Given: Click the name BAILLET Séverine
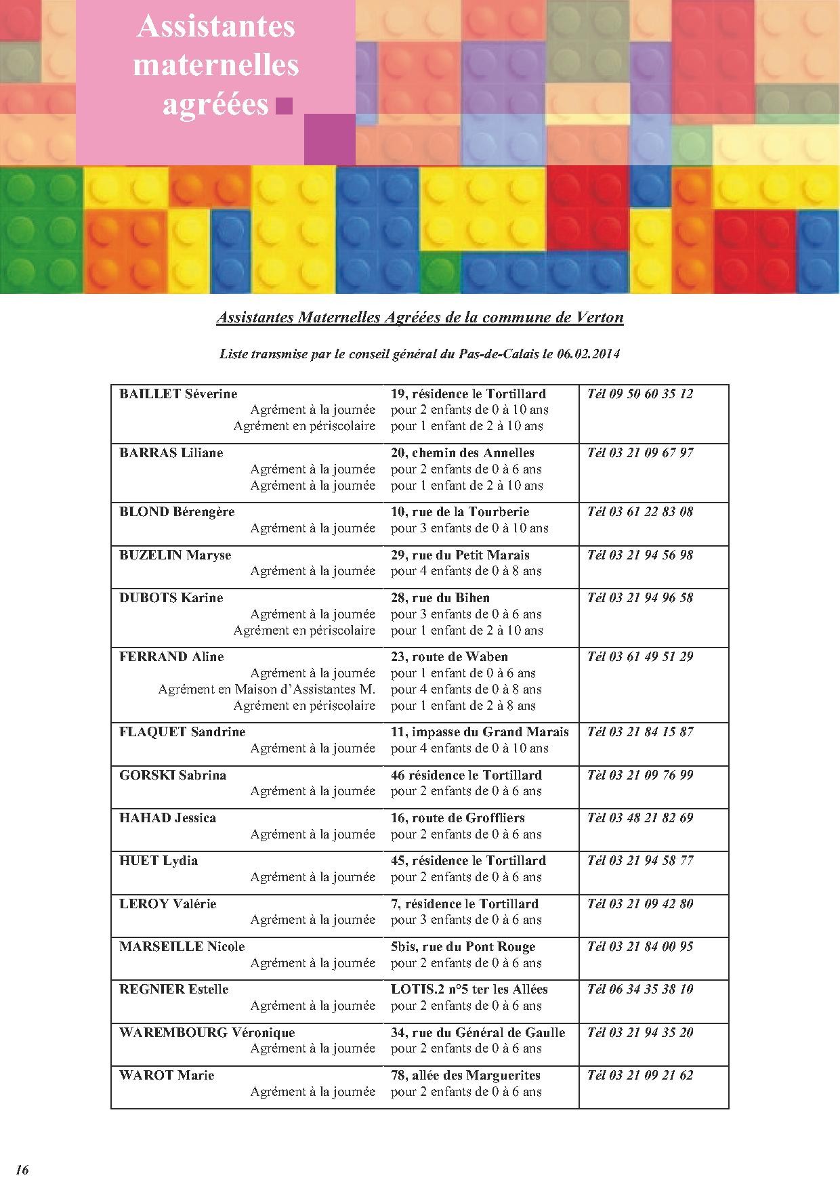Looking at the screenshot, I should pyautogui.click(x=178, y=394).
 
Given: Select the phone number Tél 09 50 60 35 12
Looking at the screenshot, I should pyautogui.click(x=640, y=394).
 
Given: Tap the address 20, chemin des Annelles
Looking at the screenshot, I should pyautogui.click(x=463, y=452).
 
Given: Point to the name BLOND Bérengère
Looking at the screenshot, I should pyautogui.click(x=177, y=511).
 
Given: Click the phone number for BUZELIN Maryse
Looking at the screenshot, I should pyautogui.click(x=640, y=555).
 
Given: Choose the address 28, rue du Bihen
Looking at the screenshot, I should pyautogui.click(x=440, y=597).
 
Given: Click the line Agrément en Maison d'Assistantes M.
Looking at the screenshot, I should pyautogui.click(x=267, y=689).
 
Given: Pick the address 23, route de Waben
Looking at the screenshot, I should pyautogui.click(x=449, y=656).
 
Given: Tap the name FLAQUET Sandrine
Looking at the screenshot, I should pyautogui.click(x=182, y=731).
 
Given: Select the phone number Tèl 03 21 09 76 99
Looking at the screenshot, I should pyautogui.click(x=640, y=775).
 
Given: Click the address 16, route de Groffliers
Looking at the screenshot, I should pyautogui.click(x=458, y=818).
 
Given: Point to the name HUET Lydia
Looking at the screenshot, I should pyautogui.click(x=159, y=860).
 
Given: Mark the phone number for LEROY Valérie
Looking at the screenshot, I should pyautogui.click(x=640, y=904).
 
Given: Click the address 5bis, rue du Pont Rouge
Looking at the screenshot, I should pyautogui.click(x=463, y=946).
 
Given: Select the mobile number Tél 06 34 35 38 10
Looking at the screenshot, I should pyautogui.click(x=640, y=989).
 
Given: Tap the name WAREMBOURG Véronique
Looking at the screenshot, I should pyautogui.click(x=207, y=1032).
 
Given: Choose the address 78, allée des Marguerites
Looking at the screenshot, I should pyautogui.click(x=466, y=1075).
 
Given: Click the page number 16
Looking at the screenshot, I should pyautogui.click(x=22, y=1170).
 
